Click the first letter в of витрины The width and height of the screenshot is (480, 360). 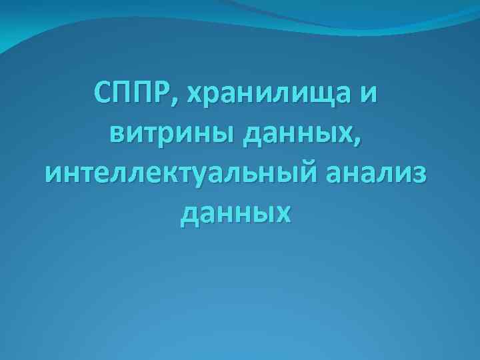point(113,137)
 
